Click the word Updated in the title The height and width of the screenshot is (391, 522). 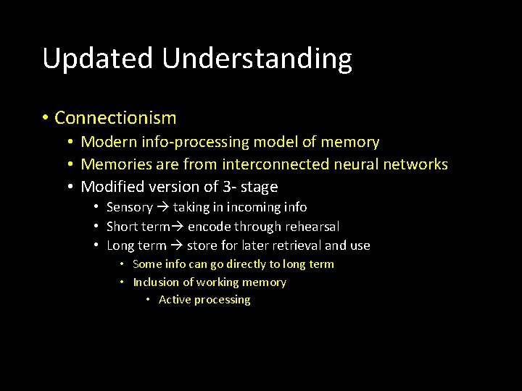point(99,59)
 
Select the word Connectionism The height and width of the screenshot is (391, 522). point(115,117)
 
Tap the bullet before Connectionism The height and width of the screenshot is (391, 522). point(45,117)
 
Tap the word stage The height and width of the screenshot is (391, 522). point(259,188)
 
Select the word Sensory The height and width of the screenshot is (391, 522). point(129,207)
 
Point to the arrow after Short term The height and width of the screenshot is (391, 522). point(178,227)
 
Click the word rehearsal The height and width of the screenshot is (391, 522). point(312,227)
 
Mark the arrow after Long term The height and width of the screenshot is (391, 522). point(176,245)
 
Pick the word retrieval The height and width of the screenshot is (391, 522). point(294,245)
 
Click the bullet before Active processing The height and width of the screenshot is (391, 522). point(147,300)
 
